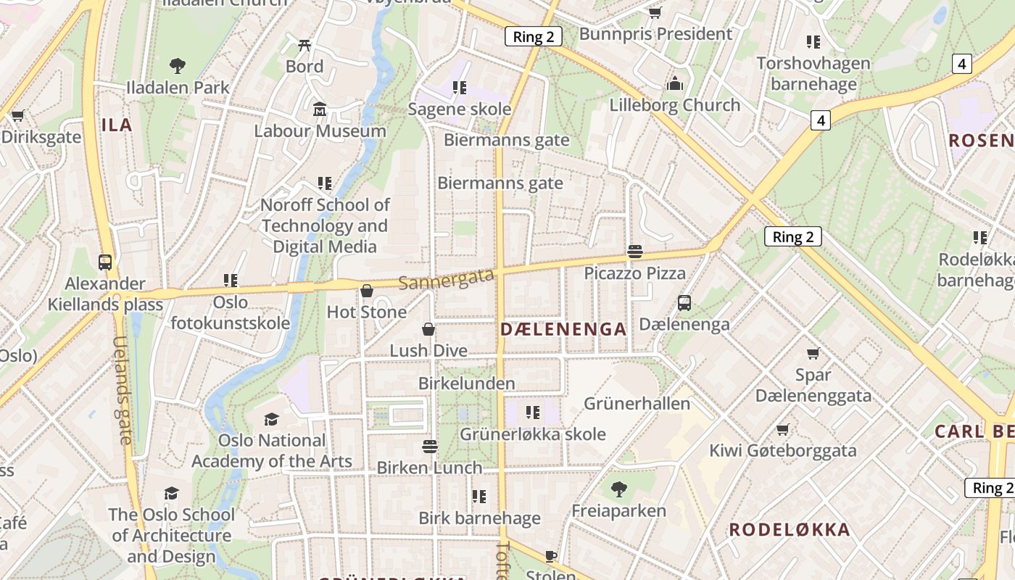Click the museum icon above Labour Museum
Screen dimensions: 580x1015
pyautogui.click(x=320, y=109)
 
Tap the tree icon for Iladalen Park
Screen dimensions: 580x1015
pyautogui.click(x=177, y=66)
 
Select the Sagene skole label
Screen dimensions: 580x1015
pyautogui.click(x=460, y=109)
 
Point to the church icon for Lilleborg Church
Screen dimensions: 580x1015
pyautogui.click(x=675, y=83)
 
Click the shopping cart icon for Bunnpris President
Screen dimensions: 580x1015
pyautogui.click(x=655, y=12)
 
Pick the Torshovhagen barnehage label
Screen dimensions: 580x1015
pyautogui.click(x=813, y=73)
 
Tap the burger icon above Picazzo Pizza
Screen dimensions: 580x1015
pyautogui.click(x=635, y=252)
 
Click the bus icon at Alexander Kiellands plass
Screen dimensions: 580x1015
pyautogui.click(x=105, y=262)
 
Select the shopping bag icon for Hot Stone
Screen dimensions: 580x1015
pyautogui.click(x=367, y=291)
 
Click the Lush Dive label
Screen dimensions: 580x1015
pyautogui.click(x=428, y=350)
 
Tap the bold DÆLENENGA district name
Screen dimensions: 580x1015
pyautogui.click(x=563, y=329)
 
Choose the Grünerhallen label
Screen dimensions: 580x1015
pyautogui.click(x=637, y=403)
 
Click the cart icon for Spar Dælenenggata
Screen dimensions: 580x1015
pyautogui.click(x=813, y=353)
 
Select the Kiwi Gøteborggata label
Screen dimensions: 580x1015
pyautogui.click(x=782, y=450)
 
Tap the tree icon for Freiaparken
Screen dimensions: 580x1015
pyautogui.click(x=618, y=489)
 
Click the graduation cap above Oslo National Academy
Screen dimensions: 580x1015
pyautogui.click(x=271, y=419)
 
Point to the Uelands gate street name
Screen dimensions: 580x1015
pyautogui.click(x=123, y=390)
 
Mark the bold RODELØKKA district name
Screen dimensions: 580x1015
pyautogui.click(x=789, y=529)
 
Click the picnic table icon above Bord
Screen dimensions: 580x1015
pyautogui.click(x=304, y=45)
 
